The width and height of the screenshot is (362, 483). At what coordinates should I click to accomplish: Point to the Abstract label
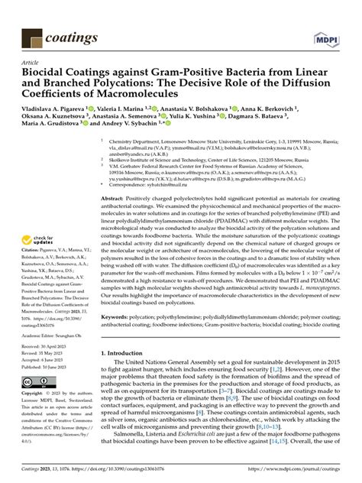(x=117, y=197)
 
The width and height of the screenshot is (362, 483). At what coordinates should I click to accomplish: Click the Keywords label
(x=119, y=315)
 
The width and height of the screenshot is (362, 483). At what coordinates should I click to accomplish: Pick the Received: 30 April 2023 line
(x=47, y=346)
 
